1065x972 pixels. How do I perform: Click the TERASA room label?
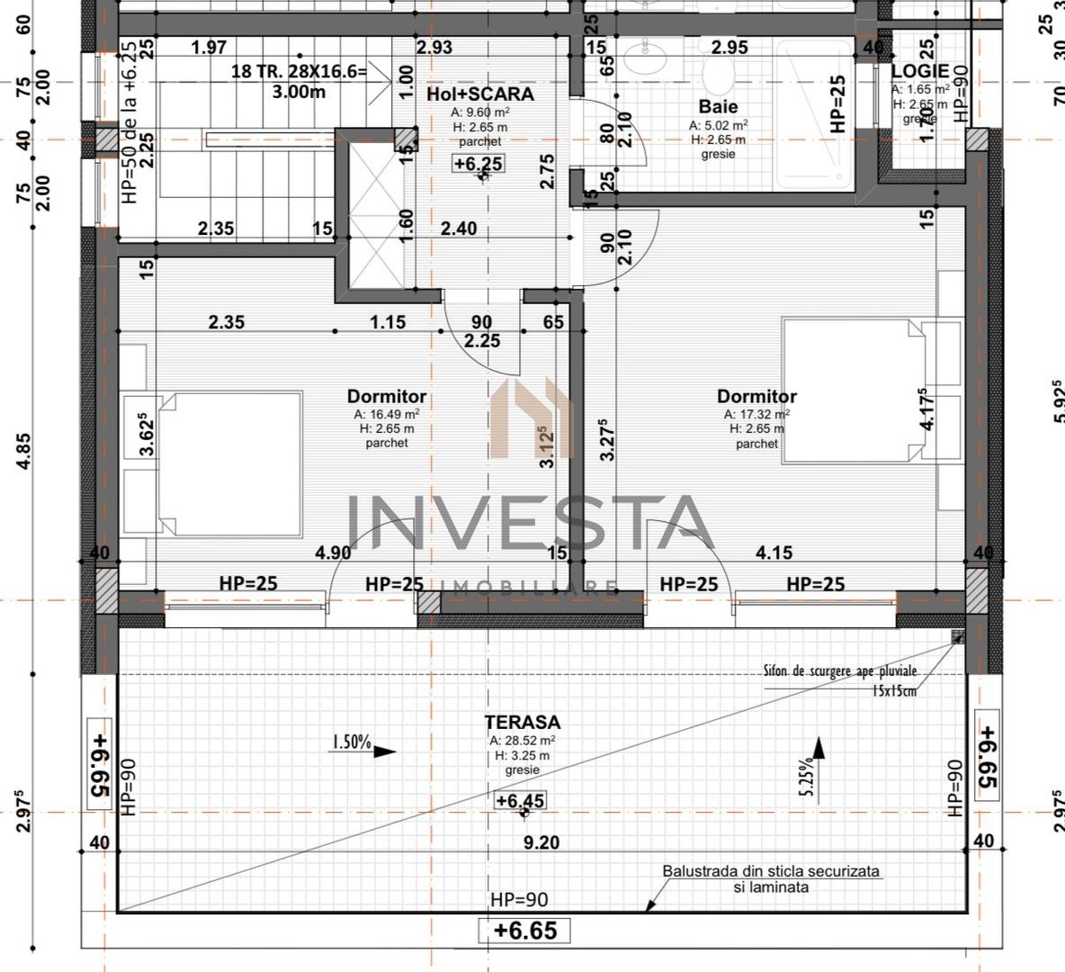tap(522, 722)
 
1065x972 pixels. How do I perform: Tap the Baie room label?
tap(718, 107)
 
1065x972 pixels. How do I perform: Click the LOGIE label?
tap(919, 71)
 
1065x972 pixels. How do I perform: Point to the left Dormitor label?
tap(387, 397)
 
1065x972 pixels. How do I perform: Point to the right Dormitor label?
tap(756, 397)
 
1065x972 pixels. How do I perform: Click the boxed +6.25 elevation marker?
tap(478, 164)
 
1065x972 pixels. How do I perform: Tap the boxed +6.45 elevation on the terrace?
tap(520, 800)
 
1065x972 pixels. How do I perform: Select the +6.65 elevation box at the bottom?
tap(525, 930)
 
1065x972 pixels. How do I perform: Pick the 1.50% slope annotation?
tap(351, 742)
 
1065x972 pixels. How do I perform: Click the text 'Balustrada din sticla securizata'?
tap(771, 871)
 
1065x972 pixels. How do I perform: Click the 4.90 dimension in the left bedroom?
tap(332, 553)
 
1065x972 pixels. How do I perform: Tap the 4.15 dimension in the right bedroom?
tap(774, 553)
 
